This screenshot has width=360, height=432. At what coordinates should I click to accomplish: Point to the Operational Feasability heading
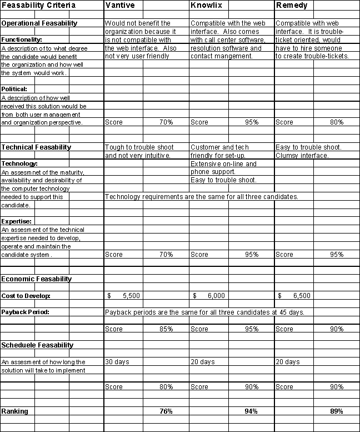tap(39, 23)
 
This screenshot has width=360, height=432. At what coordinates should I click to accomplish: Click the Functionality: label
tap(22, 40)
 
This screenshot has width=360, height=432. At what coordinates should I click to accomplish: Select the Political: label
tap(14, 89)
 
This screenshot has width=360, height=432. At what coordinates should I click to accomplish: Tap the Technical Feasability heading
tap(36, 147)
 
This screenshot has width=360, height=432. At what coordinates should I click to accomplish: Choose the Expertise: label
tap(16, 221)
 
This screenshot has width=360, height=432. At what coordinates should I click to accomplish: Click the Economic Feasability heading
tap(37, 279)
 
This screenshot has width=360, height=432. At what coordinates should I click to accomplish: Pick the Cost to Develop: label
tap(26, 296)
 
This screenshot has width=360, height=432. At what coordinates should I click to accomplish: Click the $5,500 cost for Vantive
tap(124, 296)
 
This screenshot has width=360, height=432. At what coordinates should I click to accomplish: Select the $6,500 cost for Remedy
tap(295, 296)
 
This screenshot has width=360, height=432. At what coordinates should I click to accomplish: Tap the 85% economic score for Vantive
tap(165, 329)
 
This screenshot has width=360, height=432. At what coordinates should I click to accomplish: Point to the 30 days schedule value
tap(117, 362)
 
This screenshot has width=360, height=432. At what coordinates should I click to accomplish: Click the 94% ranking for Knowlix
tap(251, 411)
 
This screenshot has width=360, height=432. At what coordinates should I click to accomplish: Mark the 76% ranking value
tap(165, 411)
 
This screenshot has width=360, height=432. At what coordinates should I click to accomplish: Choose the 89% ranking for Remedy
tap(336, 411)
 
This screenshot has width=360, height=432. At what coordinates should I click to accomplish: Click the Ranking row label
tap(14, 411)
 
